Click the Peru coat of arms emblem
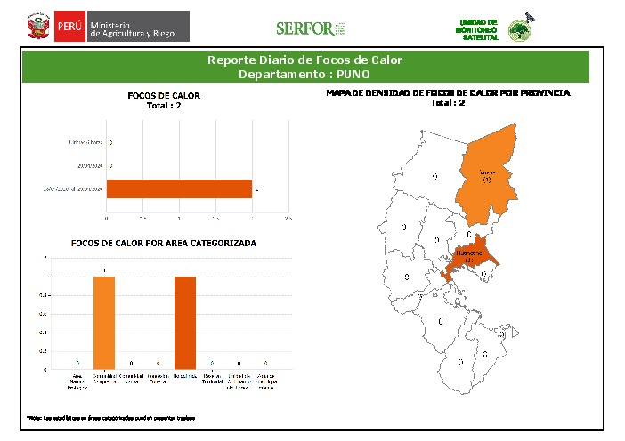[38, 26]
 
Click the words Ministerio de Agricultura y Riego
[137, 27]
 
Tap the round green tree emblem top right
[520, 30]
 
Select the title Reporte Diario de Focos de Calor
[304, 60]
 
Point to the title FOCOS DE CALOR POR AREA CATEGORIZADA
[164, 243]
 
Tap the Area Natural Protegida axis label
[78, 381]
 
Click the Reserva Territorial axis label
[211, 381]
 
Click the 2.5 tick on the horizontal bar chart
[288, 217]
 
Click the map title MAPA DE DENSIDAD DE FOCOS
[448, 92]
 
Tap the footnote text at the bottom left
[110, 417]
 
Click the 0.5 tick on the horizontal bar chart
[143, 217]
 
